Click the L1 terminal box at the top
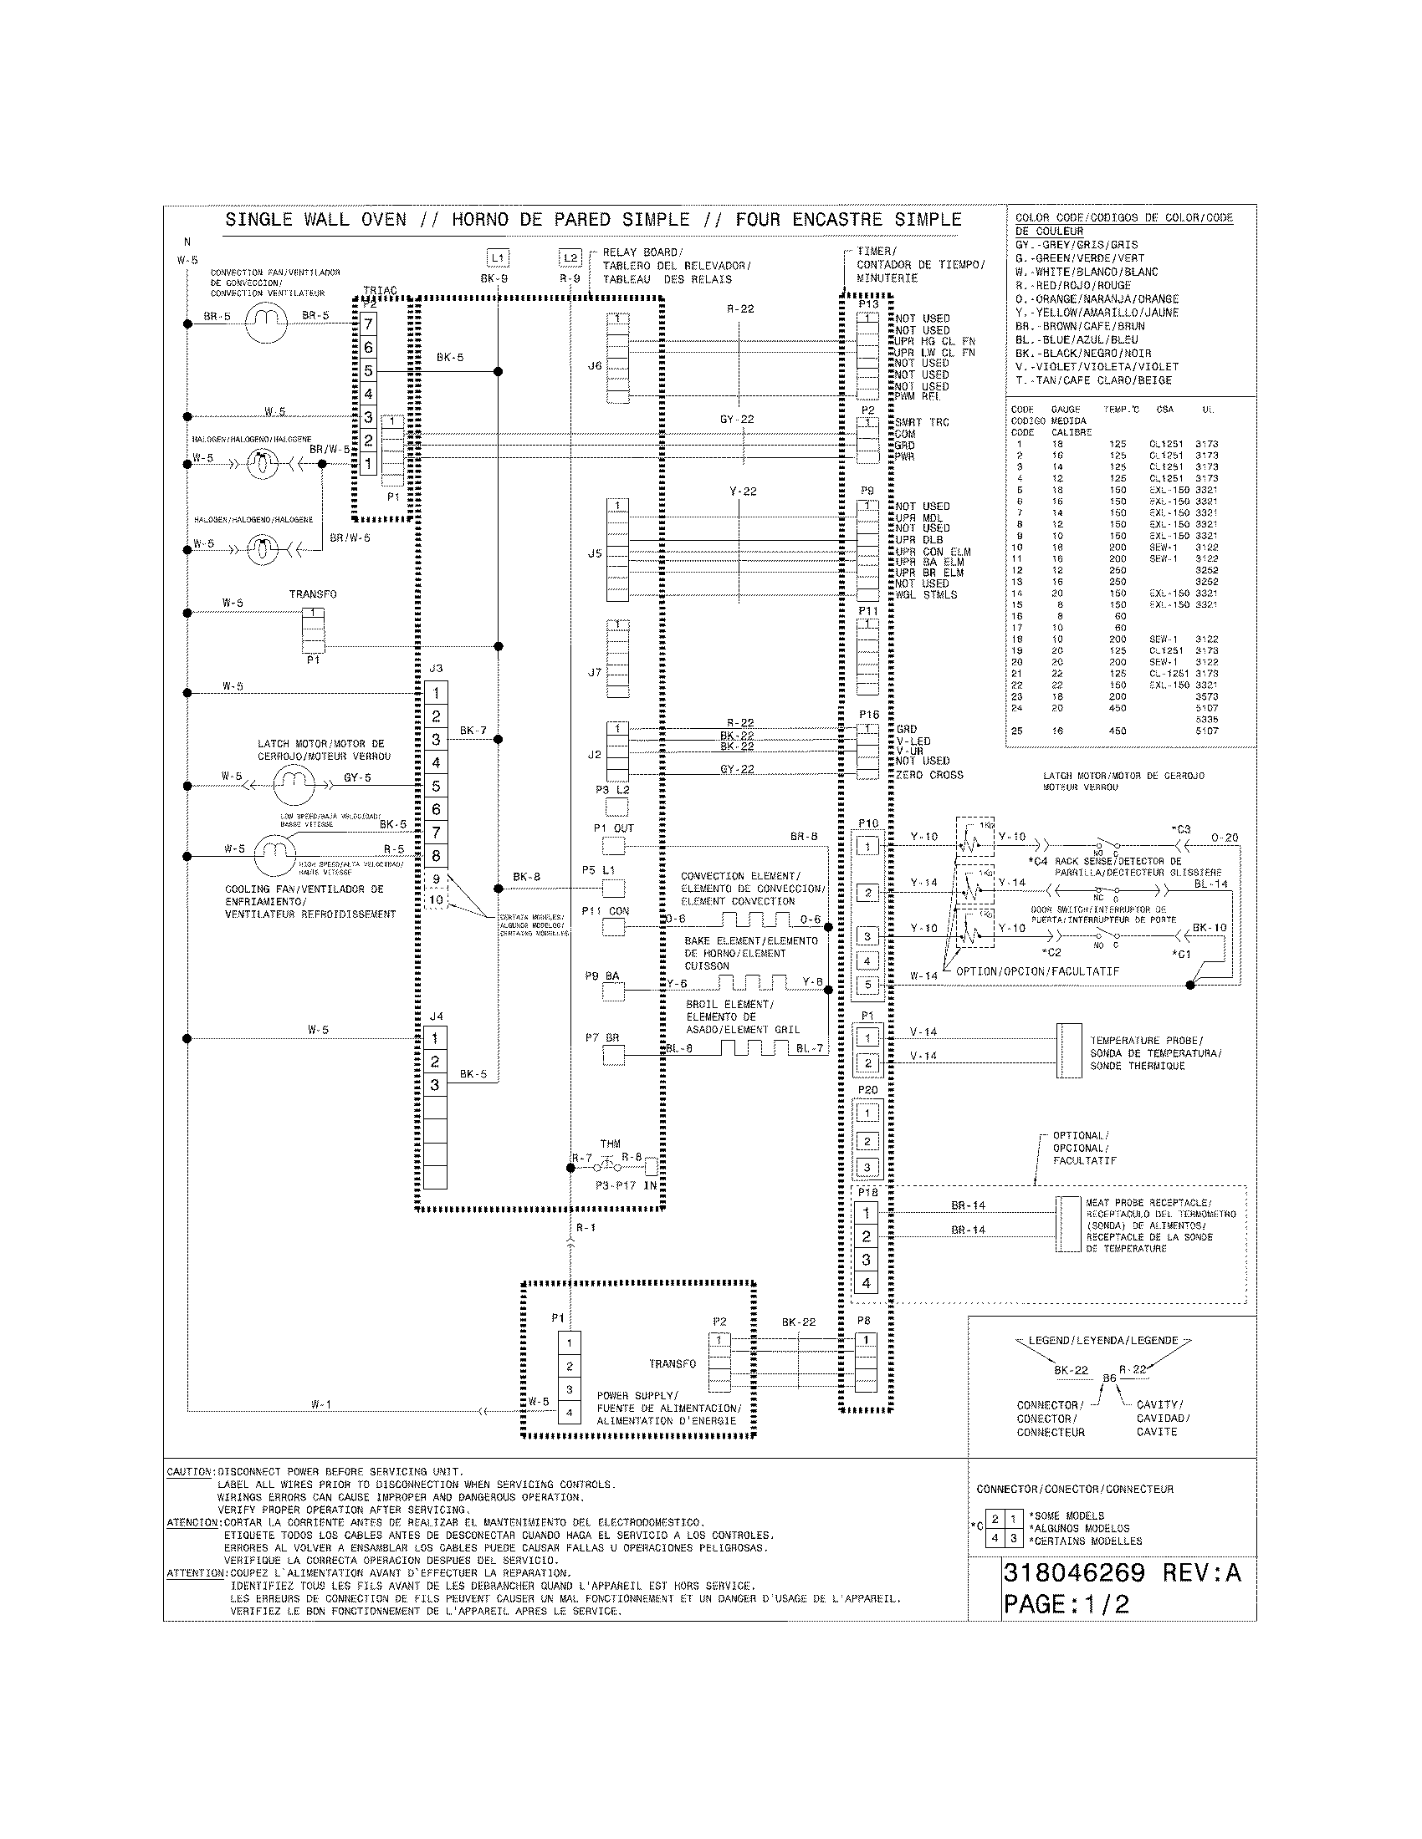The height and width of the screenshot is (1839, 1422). point(498,257)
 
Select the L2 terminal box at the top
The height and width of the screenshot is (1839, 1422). point(570,257)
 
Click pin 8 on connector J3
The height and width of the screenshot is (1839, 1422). point(436,856)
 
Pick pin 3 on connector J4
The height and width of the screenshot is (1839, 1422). point(435,1084)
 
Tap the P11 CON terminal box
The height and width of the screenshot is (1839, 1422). point(614,927)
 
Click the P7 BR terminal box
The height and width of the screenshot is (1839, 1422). point(614,1056)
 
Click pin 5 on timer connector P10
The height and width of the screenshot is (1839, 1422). point(868,985)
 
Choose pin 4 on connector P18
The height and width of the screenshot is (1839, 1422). point(866,1284)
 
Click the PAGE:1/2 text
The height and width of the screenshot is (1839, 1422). point(1066,1604)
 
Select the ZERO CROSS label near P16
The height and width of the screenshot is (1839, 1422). point(929,775)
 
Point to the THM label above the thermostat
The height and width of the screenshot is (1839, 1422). point(610,1144)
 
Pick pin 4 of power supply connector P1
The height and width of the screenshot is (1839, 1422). point(570,1413)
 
